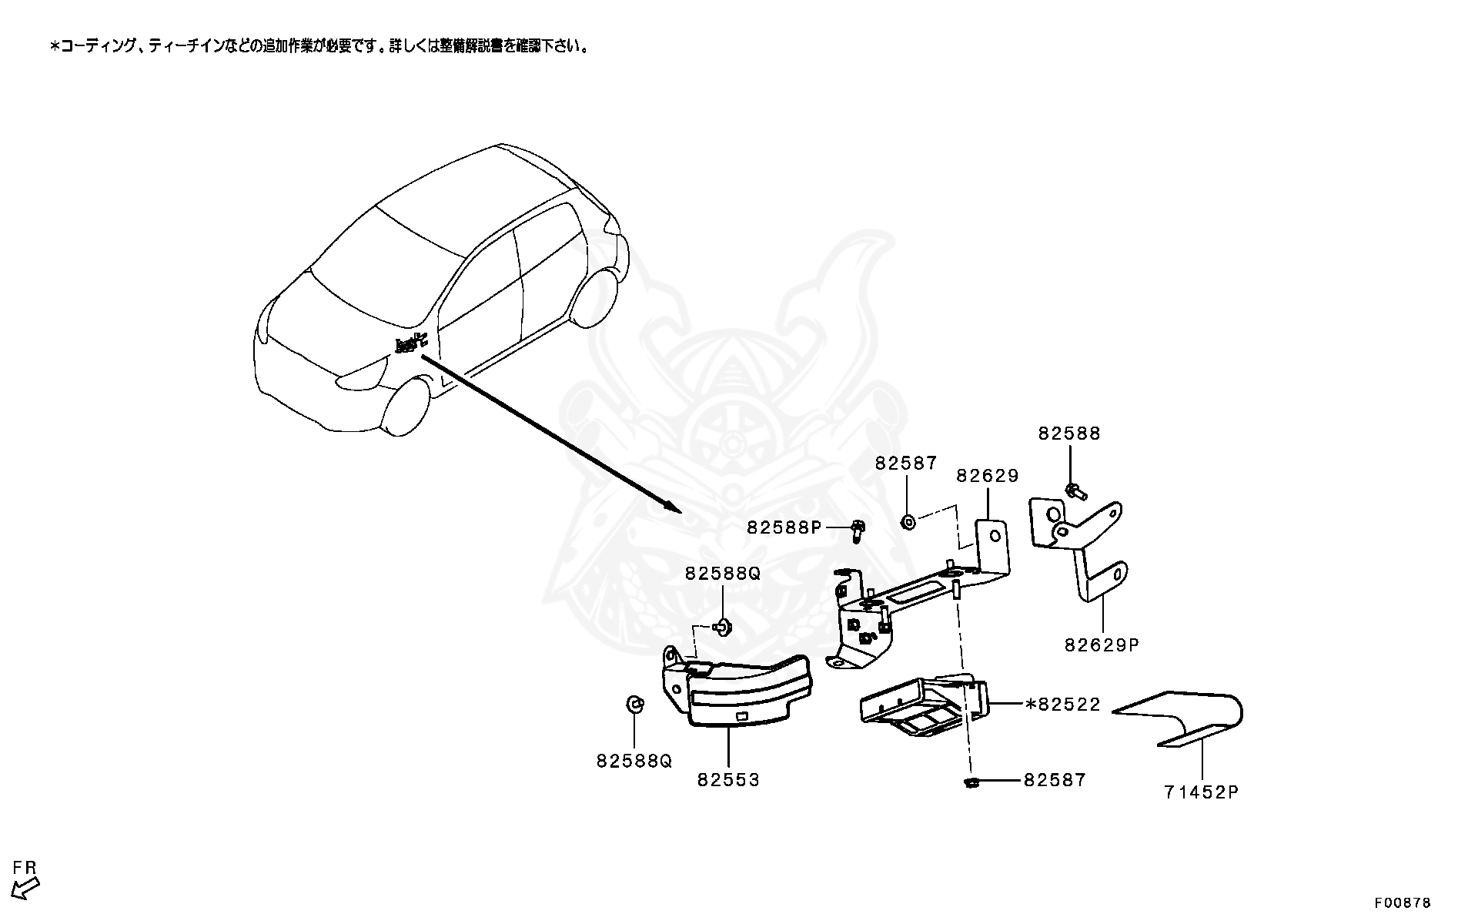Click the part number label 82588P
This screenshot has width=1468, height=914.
[x=784, y=527]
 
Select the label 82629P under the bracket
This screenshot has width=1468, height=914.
[x=1102, y=644]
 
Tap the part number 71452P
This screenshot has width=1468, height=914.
[x=1201, y=792]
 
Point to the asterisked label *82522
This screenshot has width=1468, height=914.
[x=1062, y=704]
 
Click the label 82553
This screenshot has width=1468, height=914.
[x=728, y=779]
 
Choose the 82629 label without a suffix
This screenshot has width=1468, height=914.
[x=988, y=476]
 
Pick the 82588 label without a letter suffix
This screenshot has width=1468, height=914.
[x=1069, y=434]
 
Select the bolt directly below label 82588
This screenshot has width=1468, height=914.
[x=1073, y=491]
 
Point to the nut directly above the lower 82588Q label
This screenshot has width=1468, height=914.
[x=634, y=704]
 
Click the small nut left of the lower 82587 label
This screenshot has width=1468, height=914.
[x=971, y=782]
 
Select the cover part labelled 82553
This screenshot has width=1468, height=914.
[x=739, y=689]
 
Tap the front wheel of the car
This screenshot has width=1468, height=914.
[x=406, y=406]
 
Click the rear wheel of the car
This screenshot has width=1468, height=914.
[x=597, y=297]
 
